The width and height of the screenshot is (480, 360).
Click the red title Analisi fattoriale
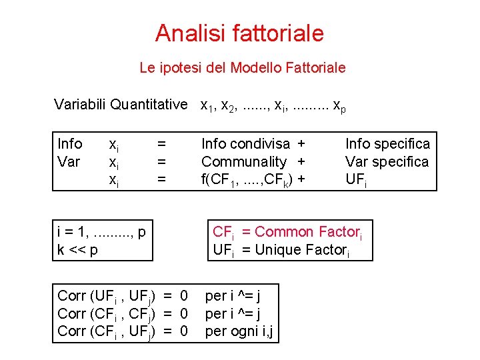pyautogui.click(x=239, y=33)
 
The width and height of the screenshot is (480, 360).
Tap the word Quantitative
pyautogui.click(x=149, y=104)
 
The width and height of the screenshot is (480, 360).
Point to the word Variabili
pyautogui.click(x=81, y=104)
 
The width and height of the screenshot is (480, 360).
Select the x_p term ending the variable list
pyautogui.click(x=339, y=105)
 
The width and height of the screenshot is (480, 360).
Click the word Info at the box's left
pyautogui.click(x=70, y=144)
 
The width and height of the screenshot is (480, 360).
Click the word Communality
pyautogui.click(x=244, y=162)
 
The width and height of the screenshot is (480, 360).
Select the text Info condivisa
pyautogui.click(x=245, y=144)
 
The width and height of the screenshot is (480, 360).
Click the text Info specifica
pyautogui.click(x=387, y=144)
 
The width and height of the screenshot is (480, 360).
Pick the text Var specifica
pyautogui.click(x=387, y=162)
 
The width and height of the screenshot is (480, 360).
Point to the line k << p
pyautogui.click(x=78, y=250)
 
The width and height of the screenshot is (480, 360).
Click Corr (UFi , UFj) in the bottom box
pyautogui.click(x=107, y=295)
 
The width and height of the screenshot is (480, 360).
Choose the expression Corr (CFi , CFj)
pyautogui.click(x=107, y=313)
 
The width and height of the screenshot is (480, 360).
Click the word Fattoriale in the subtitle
pyautogui.click(x=314, y=67)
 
